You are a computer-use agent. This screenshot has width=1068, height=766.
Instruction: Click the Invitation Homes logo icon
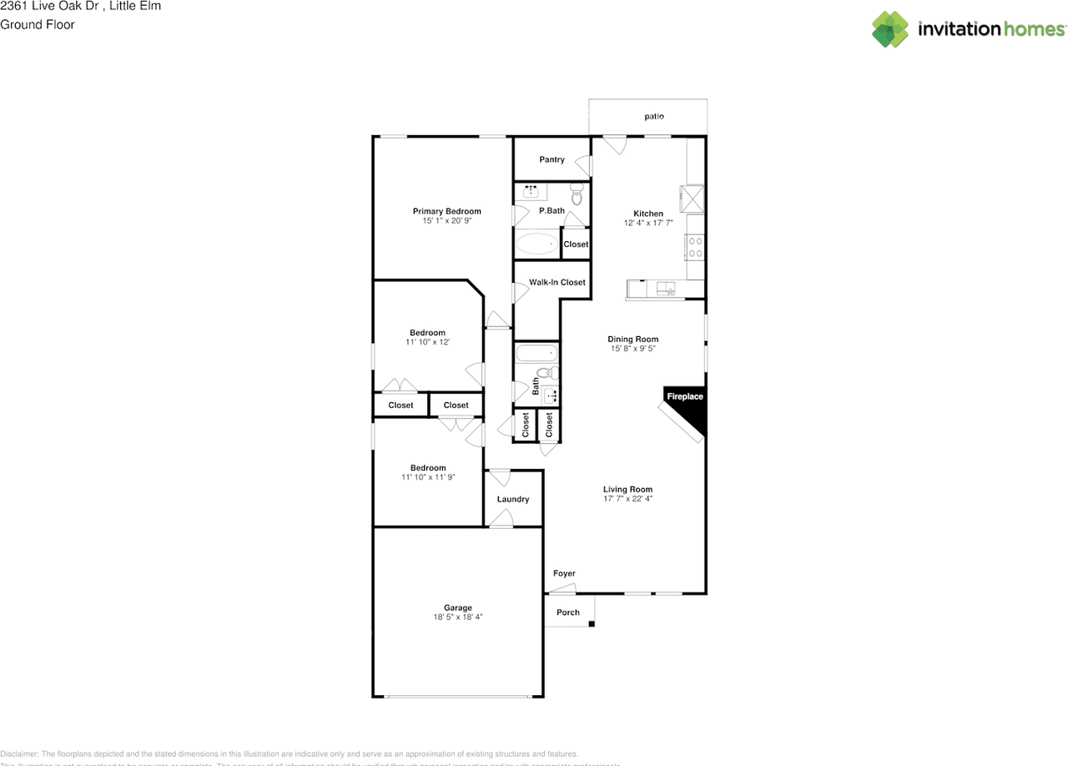tap(890, 29)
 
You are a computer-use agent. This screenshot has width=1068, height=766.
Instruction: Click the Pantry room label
tap(552, 159)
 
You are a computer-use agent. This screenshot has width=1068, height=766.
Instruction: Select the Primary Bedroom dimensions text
tap(446, 221)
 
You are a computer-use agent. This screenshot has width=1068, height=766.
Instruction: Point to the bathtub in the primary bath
tap(536, 244)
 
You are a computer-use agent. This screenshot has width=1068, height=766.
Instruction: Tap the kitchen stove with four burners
tap(694, 246)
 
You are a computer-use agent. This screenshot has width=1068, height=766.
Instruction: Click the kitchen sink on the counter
tap(665, 289)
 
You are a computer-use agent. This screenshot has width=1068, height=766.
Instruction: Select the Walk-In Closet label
tap(557, 282)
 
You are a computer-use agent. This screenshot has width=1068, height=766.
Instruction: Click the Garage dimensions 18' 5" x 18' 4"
tap(457, 617)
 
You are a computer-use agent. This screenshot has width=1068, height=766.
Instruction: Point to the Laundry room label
tap(513, 499)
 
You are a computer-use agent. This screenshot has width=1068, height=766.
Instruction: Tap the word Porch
tap(568, 612)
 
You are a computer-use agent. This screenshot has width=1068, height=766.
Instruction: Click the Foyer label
tap(564, 573)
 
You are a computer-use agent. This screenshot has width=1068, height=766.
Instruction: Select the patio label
tap(654, 117)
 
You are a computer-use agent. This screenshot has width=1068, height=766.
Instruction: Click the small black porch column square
tap(592, 623)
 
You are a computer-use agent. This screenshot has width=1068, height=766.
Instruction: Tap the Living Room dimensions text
tap(627, 499)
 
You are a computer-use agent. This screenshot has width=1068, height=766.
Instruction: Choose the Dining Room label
tap(632, 339)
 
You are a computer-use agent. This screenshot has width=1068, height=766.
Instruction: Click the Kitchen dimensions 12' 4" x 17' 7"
tap(648, 224)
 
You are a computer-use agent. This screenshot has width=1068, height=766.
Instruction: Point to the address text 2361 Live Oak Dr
tap(50, 6)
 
